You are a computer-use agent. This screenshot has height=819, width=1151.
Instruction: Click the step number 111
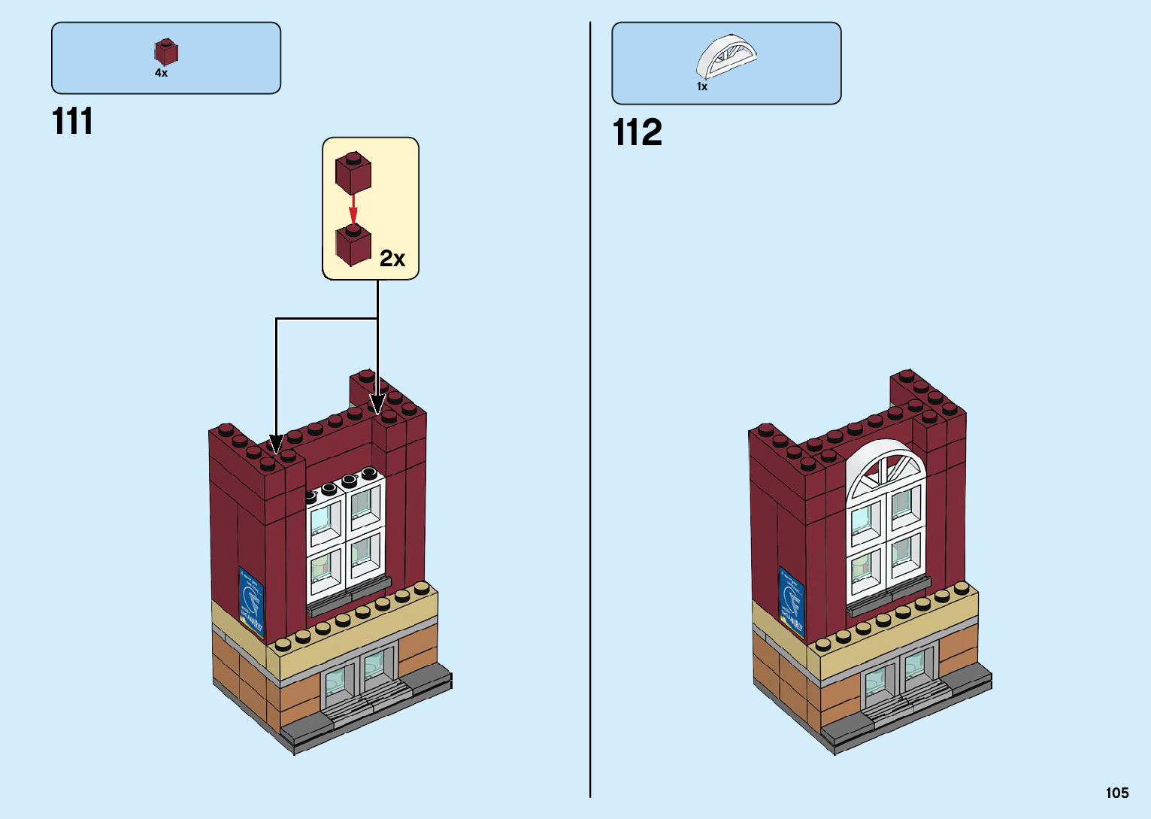click(73, 121)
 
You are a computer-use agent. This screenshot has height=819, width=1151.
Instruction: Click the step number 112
click(637, 132)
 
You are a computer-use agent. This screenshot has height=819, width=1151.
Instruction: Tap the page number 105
click(1116, 793)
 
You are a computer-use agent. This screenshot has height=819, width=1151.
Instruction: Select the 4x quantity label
click(161, 73)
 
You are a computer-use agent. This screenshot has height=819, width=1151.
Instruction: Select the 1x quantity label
click(701, 86)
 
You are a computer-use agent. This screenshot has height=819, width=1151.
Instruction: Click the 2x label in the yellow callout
click(392, 258)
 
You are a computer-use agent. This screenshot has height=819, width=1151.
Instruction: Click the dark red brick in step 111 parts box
click(166, 52)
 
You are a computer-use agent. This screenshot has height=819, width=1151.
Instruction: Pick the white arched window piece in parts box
click(725, 56)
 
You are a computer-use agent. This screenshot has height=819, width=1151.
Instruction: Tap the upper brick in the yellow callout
click(353, 172)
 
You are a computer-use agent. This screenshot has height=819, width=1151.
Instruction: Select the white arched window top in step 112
click(885, 467)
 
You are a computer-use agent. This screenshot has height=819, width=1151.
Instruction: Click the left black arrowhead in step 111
click(277, 444)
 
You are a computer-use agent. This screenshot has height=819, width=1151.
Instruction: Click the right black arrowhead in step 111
click(377, 404)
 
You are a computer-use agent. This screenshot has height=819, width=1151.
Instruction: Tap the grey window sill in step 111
click(349, 593)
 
